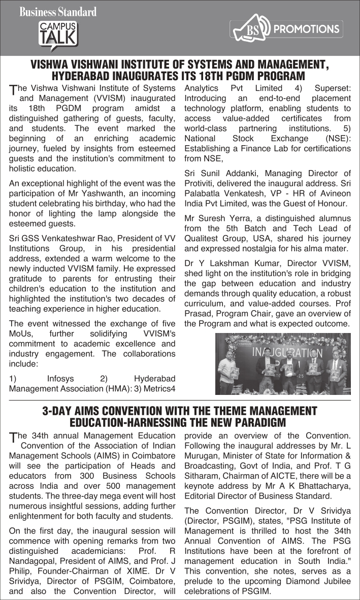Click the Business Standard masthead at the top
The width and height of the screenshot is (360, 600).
point(58,12)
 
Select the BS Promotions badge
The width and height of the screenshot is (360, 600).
point(286,30)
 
